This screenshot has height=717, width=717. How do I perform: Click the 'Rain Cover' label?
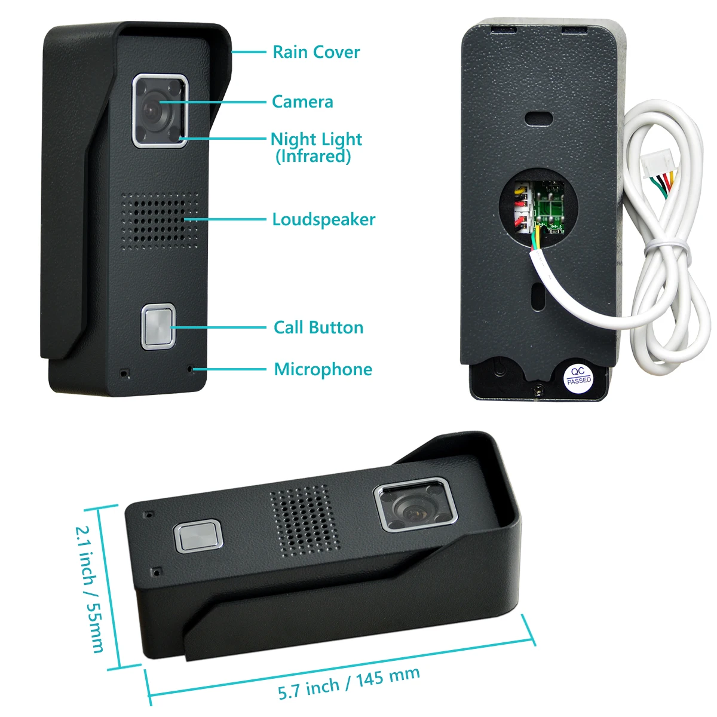(x=316, y=52)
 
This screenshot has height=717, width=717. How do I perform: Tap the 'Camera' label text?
(x=302, y=102)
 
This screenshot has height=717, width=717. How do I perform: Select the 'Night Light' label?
(x=316, y=139)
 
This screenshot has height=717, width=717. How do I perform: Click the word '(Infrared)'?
(x=313, y=157)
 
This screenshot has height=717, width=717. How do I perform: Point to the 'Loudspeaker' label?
(x=323, y=219)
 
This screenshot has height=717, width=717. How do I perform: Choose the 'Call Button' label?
(x=318, y=327)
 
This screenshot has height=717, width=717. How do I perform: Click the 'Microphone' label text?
(x=323, y=369)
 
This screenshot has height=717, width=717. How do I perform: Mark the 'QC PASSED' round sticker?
(x=578, y=375)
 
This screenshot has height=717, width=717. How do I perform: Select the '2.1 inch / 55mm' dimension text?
(x=90, y=589)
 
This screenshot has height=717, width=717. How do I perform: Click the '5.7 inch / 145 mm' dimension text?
(x=349, y=683)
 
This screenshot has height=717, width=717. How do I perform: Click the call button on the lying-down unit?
(x=198, y=536)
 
